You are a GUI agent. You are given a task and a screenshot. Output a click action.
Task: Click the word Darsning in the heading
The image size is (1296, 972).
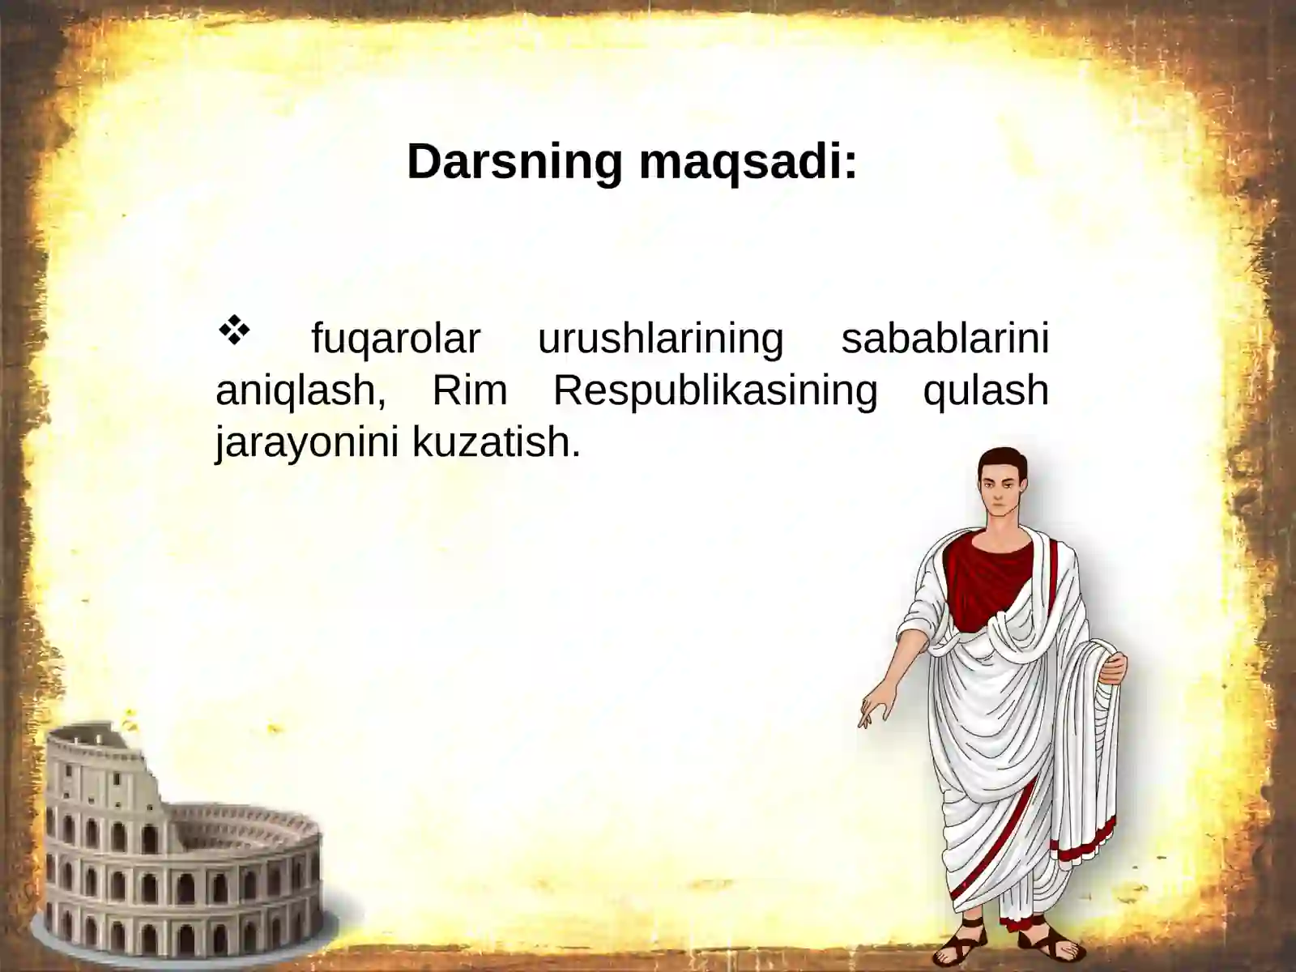(514, 161)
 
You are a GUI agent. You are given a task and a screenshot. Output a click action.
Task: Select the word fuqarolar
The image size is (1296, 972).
(395, 339)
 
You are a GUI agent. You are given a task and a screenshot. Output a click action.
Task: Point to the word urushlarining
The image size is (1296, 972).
(660, 339)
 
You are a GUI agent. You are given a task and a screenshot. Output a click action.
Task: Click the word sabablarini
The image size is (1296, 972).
(944, 339)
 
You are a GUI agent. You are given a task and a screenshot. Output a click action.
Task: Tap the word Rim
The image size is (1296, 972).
(470, 390)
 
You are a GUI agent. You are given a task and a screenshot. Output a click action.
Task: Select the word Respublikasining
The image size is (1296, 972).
(714, 390)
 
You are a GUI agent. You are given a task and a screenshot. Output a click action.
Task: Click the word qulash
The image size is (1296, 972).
(986, 390)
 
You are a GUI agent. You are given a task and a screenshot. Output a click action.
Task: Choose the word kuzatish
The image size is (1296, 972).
(496, 442)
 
